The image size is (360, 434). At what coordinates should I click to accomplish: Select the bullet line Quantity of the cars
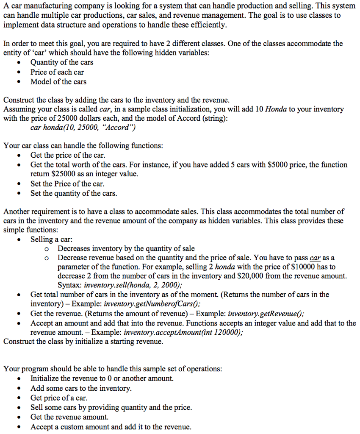pyautogui.click(x=62, y=62)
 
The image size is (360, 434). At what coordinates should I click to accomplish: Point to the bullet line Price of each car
pyautogui.click(x=57, y=72)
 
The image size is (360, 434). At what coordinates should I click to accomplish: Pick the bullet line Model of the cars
pyautogui.click(x=58, y=82)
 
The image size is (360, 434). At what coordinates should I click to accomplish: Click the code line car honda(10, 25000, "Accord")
pyautogui.click(x=83, y=127)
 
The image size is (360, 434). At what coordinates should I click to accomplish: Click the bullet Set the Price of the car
pyautogui.click(x=67, y=184)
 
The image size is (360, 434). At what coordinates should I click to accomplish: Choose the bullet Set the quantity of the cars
pyautogui.click(x=74, y=193)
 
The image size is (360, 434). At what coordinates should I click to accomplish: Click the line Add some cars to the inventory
pyautogui.click(x=81, y=388)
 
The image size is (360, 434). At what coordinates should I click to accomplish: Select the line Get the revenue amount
pyautogui.click(x=66, y=417)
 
